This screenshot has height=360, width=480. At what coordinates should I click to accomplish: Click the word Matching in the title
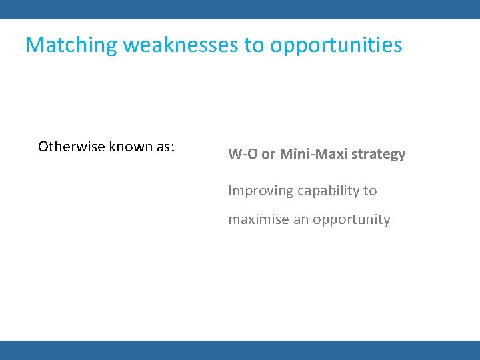click(x=71, y=45)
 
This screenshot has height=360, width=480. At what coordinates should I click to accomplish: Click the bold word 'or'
click(x=269, y=154)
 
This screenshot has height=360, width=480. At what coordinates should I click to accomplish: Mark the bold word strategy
click(x=378, y=155)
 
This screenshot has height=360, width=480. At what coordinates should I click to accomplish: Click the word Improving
click(x=261, y=191)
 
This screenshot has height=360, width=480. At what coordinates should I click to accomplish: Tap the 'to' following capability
click(x=370, y=191)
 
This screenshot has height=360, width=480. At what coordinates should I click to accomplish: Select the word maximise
click(x=259, y=219)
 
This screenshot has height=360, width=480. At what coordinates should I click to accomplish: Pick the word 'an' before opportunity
click(x=301, y=219)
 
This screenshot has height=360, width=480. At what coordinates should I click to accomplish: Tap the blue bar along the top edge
click(x=240, y=9)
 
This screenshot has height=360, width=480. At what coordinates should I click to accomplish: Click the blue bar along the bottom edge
click(x=240, y=350)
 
